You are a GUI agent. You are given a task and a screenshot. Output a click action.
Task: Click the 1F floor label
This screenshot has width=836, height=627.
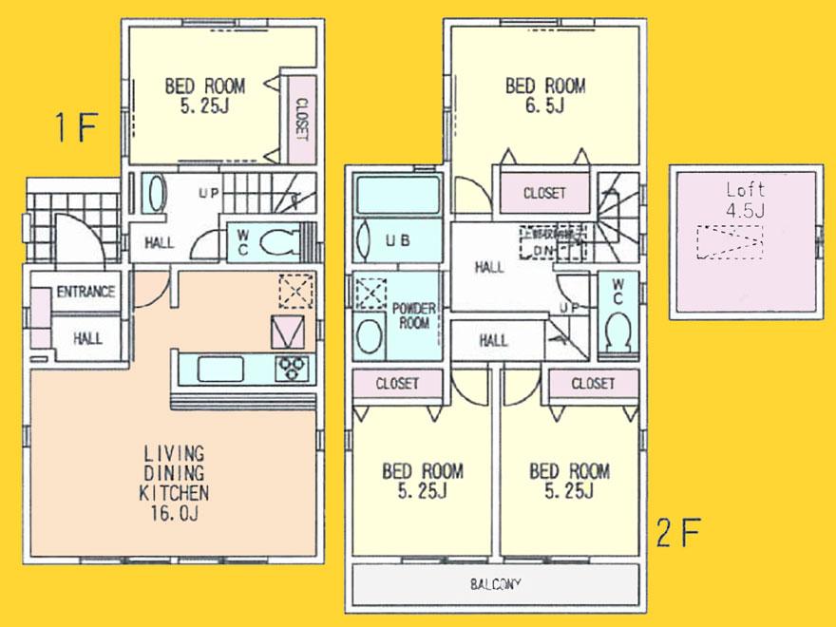[75, 127]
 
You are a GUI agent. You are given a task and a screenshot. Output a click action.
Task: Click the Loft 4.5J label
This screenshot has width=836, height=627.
[744, 199]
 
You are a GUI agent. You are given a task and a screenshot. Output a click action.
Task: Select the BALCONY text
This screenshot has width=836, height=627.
[496, 583]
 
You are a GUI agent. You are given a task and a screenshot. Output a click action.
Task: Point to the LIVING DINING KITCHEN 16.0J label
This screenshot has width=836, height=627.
[173, 484]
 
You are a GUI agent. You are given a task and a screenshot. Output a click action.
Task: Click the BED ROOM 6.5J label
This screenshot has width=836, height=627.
[545, 96]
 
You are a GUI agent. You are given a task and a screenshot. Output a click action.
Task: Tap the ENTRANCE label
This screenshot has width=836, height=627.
[85, 292]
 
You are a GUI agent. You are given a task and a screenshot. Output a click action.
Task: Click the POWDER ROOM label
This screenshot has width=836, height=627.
[414, 315]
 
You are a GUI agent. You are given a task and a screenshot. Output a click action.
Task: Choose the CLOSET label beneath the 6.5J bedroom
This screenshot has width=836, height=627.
[544, 193]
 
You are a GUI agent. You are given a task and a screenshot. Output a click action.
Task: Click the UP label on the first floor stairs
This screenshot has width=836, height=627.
[210, 193]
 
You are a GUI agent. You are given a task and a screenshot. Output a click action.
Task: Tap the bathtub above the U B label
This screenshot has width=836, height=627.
[397, 195]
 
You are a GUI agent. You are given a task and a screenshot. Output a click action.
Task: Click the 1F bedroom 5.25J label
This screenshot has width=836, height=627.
[204, 96]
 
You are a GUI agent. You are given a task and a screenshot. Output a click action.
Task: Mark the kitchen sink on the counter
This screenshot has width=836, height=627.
[221, 368]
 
